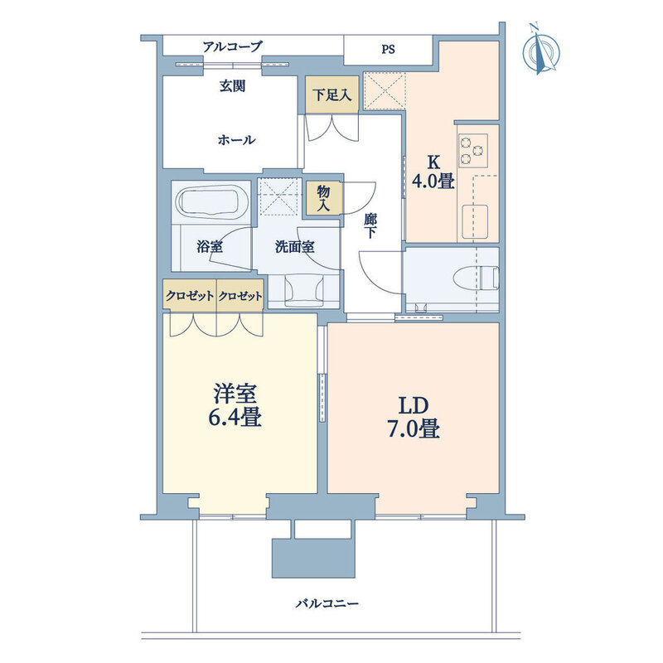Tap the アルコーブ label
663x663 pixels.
click(233, 46)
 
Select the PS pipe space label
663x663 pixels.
click(388, 50)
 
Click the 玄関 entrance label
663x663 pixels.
click(232, 86)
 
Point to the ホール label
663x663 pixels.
click(236, 139)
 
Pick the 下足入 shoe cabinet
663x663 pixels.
click(332, 94)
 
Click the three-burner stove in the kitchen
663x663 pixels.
click(472, 151)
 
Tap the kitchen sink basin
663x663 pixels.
click(475, 222)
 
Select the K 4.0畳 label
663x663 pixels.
click(433, 172)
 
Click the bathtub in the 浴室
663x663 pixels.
click(209, 202)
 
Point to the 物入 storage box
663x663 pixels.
click(324, 198)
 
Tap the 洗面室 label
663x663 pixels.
click(295, 246)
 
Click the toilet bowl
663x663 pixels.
click(476, 278)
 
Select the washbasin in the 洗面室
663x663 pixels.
click(304, 289)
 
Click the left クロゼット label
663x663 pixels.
click(190, 296)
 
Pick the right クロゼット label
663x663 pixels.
click(240, 296)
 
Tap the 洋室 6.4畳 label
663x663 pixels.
click(235, 404)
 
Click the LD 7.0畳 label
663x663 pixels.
click(413, 418)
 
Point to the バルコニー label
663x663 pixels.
click(327, 603)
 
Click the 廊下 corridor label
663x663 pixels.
click(370, 226)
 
